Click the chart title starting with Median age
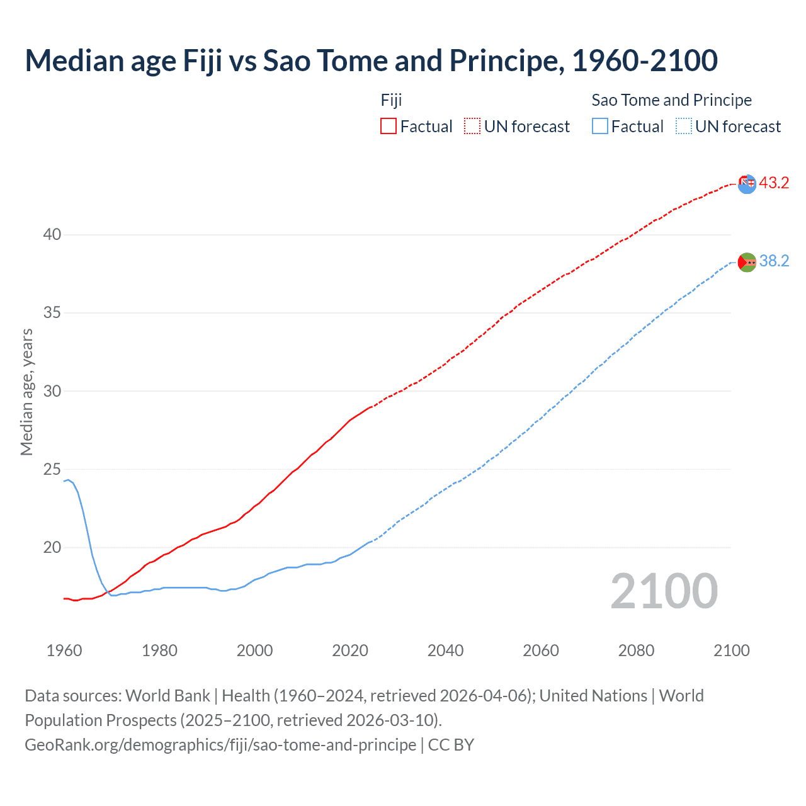371,60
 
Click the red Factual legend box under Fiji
389,126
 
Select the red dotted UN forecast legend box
472,126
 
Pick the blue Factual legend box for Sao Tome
600,126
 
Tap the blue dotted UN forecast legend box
684,126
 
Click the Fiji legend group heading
391,100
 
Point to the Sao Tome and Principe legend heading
671,100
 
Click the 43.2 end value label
774,183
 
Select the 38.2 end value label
774,261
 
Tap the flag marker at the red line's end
747,184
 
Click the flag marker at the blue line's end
747,262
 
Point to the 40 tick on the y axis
52,234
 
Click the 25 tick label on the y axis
52,469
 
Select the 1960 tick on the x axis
64,650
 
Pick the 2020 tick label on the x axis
350,650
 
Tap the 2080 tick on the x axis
636,650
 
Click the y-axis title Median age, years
26,392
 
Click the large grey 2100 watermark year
664,591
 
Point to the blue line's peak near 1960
68,480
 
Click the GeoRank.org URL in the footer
220,744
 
